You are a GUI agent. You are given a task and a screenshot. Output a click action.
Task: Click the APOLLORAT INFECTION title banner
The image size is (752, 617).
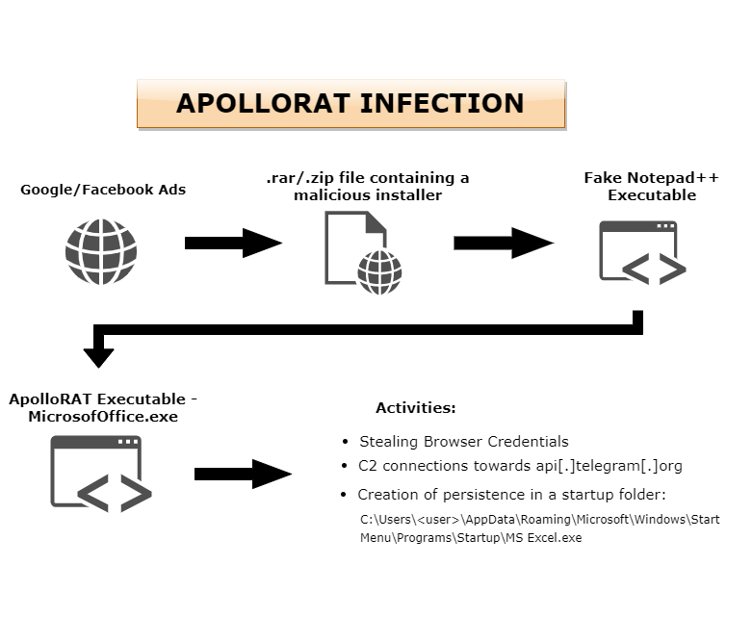(x=350, y=104)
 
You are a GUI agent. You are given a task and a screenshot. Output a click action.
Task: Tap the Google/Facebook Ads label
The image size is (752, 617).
(x=103, y=190)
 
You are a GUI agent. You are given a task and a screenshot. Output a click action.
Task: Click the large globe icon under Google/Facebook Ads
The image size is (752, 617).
(x=100, y=250)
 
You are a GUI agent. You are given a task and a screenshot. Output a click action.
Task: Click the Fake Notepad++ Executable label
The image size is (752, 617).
(x=651, y=187)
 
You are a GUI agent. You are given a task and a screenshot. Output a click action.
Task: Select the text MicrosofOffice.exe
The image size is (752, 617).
(x=103, y=416)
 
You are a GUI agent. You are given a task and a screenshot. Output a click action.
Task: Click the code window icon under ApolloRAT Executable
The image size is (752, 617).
(x=102, y=472)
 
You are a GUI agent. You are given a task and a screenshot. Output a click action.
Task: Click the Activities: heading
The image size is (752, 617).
(x=415, y=408)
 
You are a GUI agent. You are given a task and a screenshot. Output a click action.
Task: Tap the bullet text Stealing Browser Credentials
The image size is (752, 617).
(x=463, y=442)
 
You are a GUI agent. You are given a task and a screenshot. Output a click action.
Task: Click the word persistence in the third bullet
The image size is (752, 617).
(x=474, y=495)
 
